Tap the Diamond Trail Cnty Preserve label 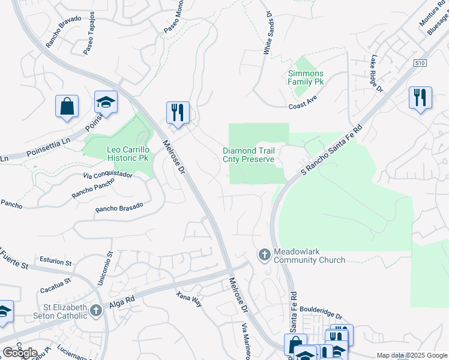(249, 155)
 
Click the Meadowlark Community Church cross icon (264, 255)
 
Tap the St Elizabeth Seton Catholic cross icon (96, 310)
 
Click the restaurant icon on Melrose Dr (177, 112)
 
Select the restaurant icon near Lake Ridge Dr (420, 97)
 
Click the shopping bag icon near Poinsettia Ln (67, 106)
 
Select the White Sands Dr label (267, 33)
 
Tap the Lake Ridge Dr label (376, 74)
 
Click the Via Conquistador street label (107, 175)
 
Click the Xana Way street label (189, 299)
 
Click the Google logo (20, 353)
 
